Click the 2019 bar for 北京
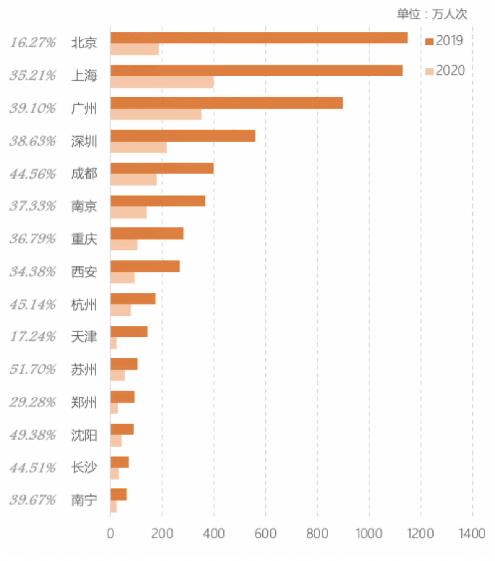click(259, 38)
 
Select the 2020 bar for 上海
click(162, 82)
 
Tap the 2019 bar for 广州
click(226, 103)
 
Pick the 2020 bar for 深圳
click(138, 147)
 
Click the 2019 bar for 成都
click(162, 168)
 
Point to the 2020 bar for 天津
click(113, 343)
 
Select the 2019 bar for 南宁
click(118, 495)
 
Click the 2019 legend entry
click(444, 40)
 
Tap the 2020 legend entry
click(445, 71)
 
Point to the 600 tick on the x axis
click(265, 533)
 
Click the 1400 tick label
click(472, 533)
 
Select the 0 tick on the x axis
click(110, 533)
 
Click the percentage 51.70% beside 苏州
click(33, 369)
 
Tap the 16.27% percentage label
click(33, 43)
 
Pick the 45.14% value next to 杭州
click(33, 305)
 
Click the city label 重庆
click(84, 239)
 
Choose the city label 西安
click(84, 272)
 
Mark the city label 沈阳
click(84, 435)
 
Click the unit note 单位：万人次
click(432, 15)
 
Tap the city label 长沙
click(84, 468)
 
